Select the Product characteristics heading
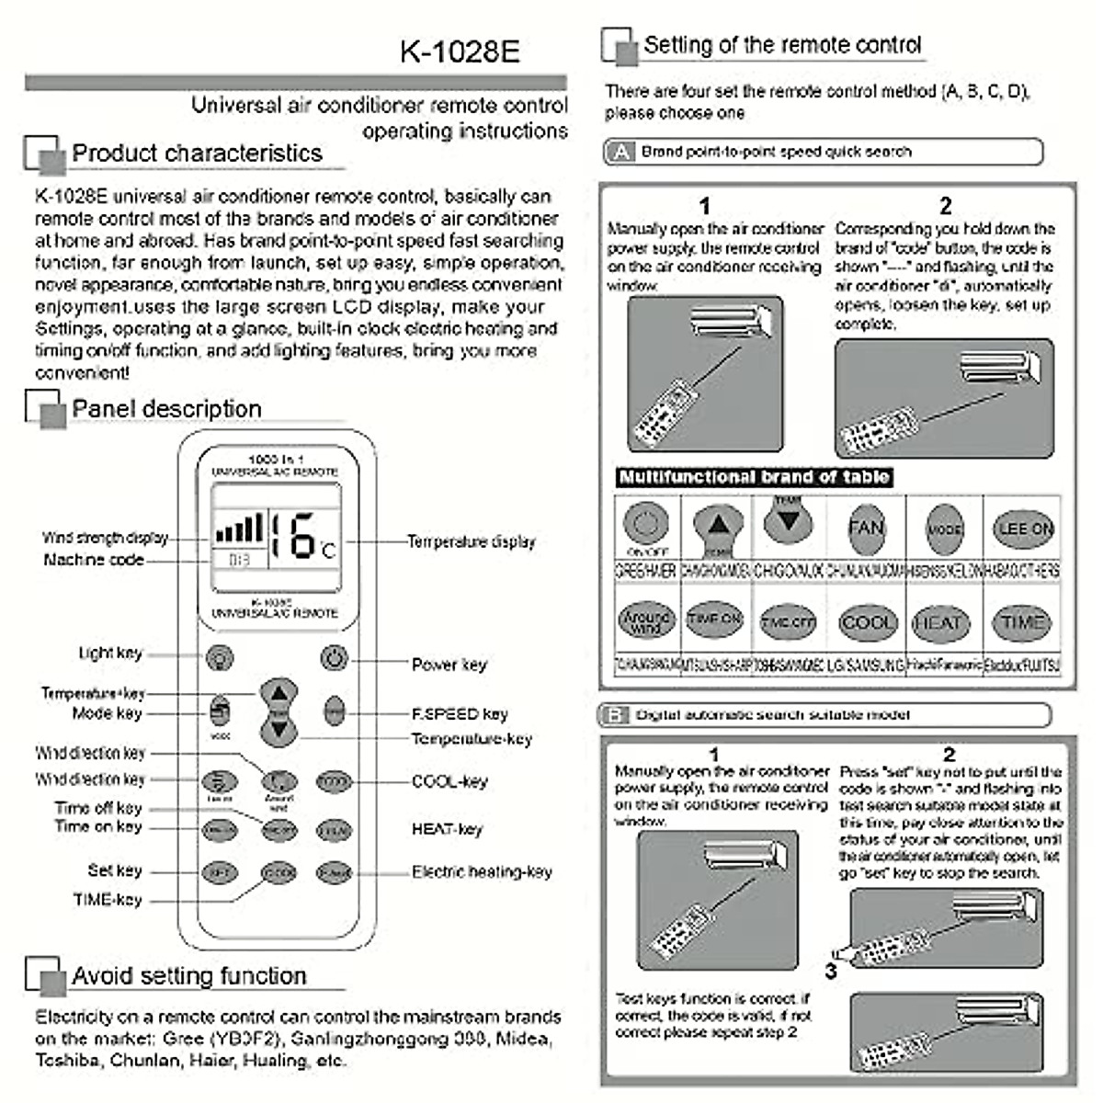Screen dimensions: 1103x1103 [x=197, y=154]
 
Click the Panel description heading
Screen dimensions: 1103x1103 [x=166, y=409]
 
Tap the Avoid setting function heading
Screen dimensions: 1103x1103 [x=188, y=976]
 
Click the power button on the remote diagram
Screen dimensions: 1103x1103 [x=335, y=657]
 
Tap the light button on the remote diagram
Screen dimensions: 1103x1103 [x=219, y=657]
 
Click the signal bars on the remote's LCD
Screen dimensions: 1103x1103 [x=239, y=529]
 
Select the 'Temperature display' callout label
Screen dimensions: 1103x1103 [x=471, y=541]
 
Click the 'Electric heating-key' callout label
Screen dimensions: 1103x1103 [x=482, y=871]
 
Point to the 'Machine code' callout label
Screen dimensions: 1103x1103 [x=94, y=560]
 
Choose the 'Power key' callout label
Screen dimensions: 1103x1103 [x=449, y=665]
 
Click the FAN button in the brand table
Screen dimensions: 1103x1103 [x=866, y=528]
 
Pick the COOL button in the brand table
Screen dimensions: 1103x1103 [x=867, y=622]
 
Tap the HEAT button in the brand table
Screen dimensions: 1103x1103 [x=938, y=622]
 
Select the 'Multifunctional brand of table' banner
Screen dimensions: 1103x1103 [x=754, y=477]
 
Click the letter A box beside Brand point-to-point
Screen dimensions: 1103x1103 [x=621, y=152]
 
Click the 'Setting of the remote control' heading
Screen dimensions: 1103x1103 [x=781, y=45]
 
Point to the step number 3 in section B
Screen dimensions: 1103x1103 [x=830, y=971]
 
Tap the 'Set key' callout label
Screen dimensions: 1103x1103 [x=115, y=870]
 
